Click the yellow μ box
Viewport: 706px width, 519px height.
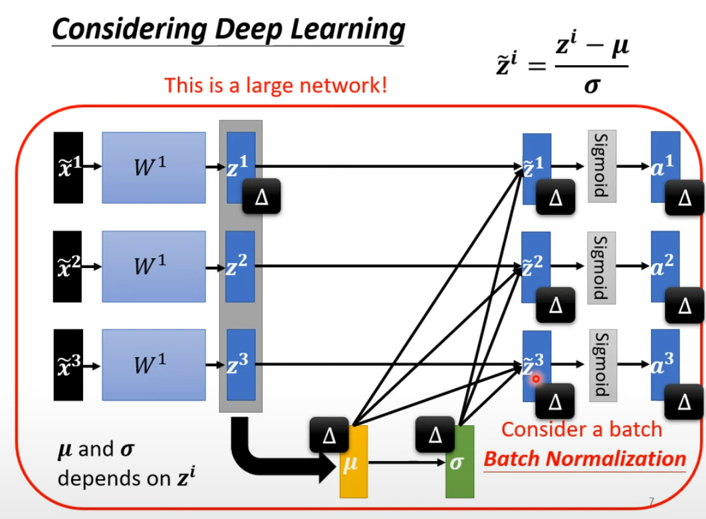click(x=354, y=465)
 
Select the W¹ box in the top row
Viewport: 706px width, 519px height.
click(x=154, y=167)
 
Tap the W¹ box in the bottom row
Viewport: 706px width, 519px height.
click(x=154, y=365)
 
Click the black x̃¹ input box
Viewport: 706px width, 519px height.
click(x=68, y=167)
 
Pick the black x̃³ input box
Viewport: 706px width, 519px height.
click(x=68, y=365)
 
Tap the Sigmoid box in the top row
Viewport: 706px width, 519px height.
click(x=603, y=164)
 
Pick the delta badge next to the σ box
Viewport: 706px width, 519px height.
click(x=435, y=435)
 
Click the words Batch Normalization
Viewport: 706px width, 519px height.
click(x=584, y=458)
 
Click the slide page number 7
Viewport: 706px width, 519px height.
click(x=652, y=500)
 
